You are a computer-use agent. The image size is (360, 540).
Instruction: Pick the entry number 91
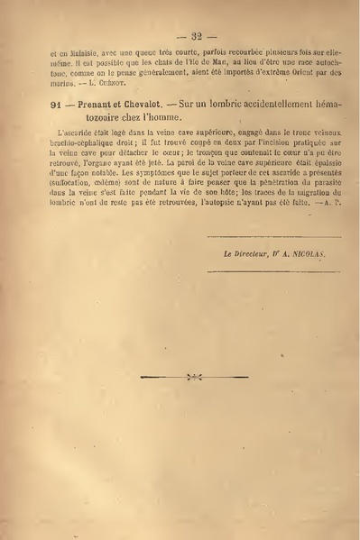click(56, 107)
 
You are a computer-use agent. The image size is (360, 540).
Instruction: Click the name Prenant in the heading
click(97, 107)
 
